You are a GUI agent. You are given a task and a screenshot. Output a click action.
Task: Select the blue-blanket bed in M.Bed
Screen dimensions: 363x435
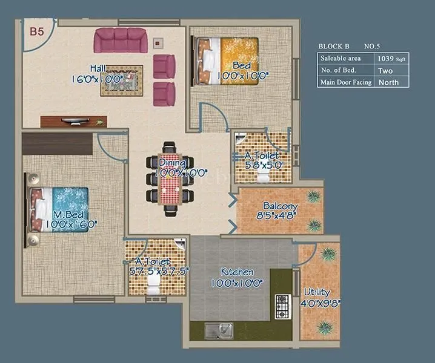tap(59, 209)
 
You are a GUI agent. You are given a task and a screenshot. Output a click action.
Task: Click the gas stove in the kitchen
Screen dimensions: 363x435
tap(283, 307)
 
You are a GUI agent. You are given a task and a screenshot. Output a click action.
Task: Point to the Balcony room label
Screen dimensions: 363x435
tap(281, 206)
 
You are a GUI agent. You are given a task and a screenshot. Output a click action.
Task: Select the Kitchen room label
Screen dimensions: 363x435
tap(236, 272)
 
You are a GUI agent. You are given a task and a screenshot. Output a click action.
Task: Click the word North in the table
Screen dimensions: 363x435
tap(388, 82)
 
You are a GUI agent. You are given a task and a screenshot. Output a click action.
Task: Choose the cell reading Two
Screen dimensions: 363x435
tap(385, 71)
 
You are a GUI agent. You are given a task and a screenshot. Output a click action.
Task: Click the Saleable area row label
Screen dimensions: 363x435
tap(341, 59)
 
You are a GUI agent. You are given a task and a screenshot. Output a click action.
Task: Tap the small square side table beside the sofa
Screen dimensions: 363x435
tap(158, 43)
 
